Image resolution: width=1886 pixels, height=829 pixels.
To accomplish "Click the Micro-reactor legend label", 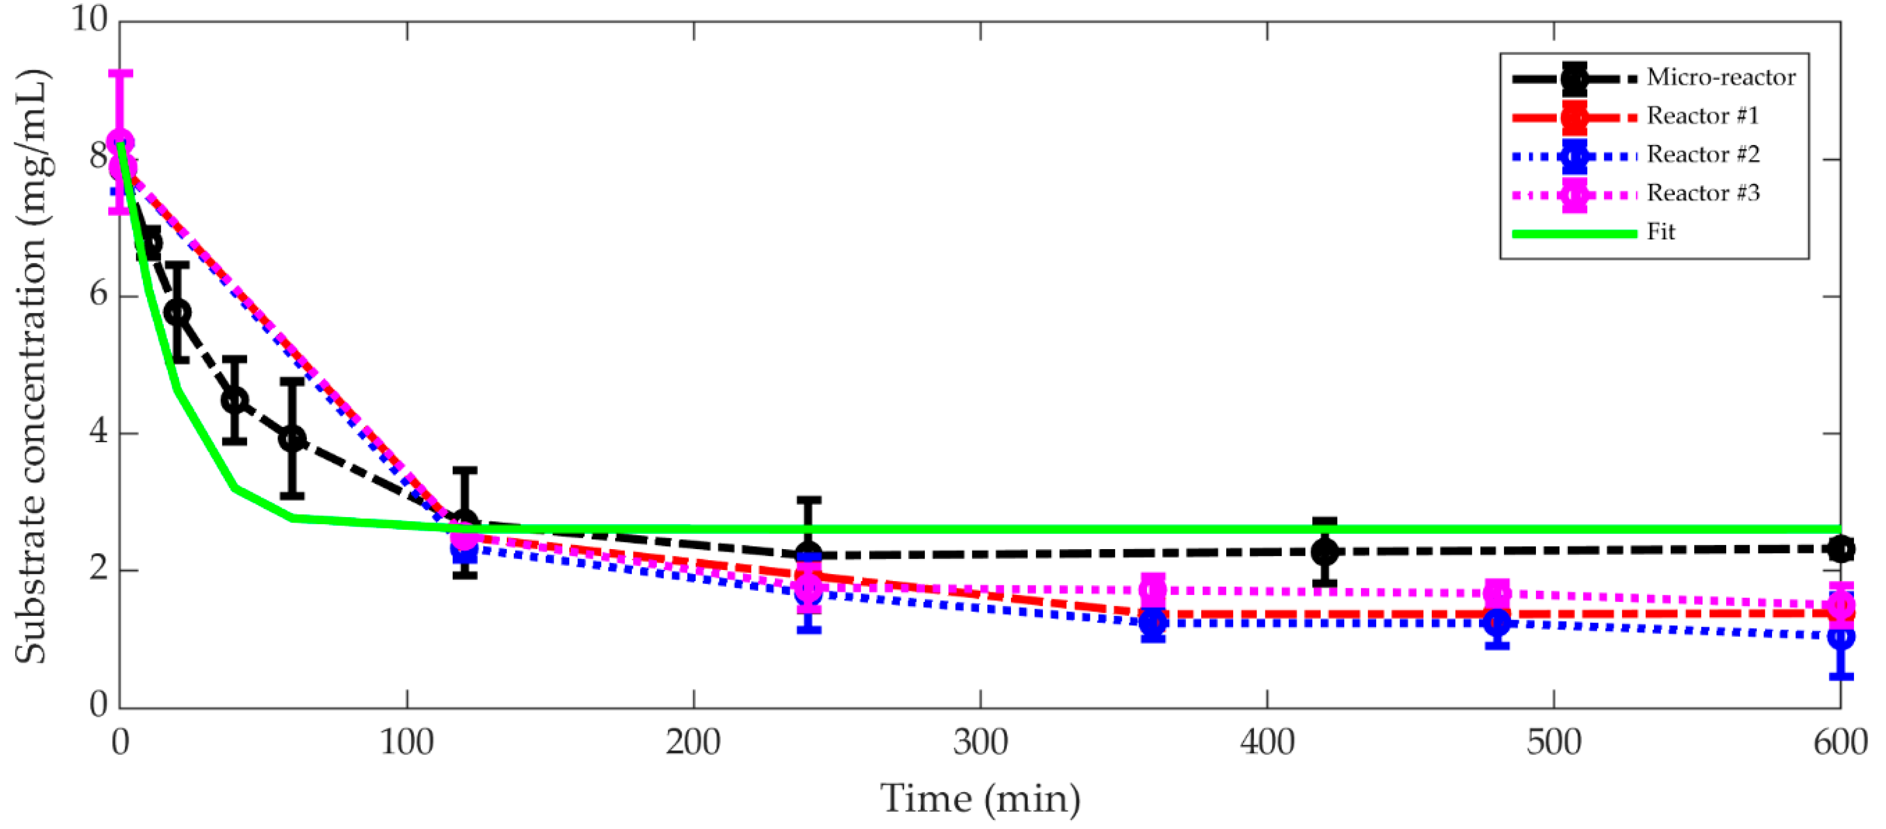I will click(1721, 77).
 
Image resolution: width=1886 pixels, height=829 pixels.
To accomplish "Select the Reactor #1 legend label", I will click(1702, 116).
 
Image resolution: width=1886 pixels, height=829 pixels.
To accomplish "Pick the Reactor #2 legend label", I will click(1703, 155).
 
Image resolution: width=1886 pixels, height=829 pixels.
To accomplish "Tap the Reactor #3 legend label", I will click(1703, 193).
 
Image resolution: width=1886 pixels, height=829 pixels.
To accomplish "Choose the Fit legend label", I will click(1661, 232).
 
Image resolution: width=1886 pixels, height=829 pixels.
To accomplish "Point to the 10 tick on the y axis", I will click(90, 19).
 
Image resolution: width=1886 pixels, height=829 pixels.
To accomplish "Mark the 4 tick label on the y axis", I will click(98, 432).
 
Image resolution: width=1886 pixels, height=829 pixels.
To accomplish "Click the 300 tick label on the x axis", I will click(979, 742).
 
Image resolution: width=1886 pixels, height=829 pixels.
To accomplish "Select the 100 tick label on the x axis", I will click(407, 742).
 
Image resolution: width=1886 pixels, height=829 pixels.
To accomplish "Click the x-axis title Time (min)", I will click(979, 798).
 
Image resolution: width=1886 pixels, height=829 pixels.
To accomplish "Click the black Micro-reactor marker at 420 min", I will click(1324, 552).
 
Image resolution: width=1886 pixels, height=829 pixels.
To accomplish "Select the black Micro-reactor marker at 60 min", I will click(292, 439).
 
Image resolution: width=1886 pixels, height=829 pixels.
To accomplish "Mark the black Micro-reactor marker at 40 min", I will click(234, 400).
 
